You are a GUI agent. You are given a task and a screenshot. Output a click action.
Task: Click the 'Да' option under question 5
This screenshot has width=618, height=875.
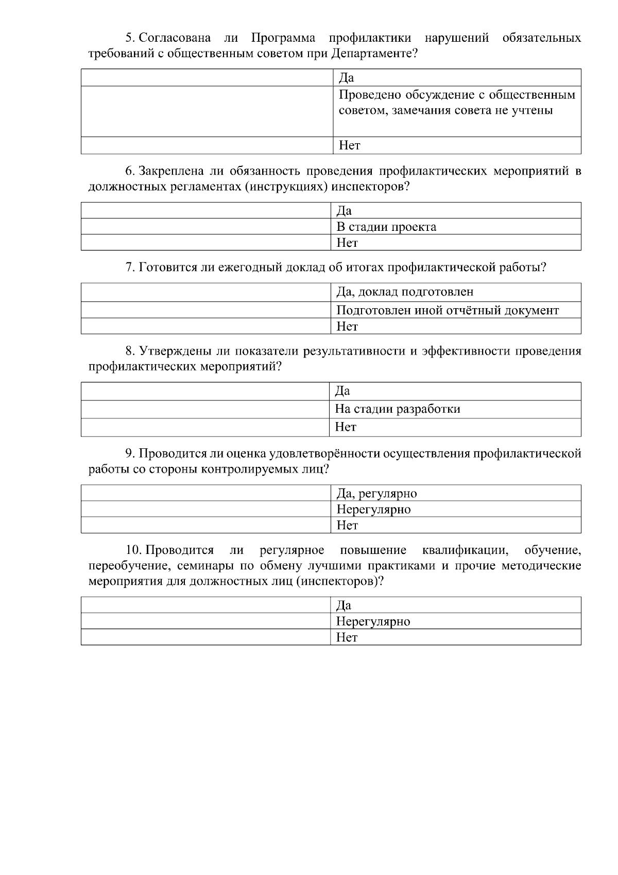click(x=347, y=78)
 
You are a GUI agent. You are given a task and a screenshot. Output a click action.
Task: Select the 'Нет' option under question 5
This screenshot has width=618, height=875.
click(x=350, y=145)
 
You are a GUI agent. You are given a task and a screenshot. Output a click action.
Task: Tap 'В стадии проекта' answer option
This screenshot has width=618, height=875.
click(x=386, y=227)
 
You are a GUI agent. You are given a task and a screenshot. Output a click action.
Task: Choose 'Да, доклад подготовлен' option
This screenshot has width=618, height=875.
click(x=405, y=292)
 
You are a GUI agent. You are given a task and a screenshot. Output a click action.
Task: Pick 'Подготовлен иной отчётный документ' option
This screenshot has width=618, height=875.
click(x=447, y=310)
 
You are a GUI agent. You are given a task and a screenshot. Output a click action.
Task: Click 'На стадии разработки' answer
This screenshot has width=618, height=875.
click(x=398, y=409)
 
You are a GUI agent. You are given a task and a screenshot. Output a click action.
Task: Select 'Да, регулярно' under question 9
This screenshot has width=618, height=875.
click(x=376, y=494)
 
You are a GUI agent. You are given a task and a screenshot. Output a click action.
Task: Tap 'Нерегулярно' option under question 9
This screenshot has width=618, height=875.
click(x=373, y=510)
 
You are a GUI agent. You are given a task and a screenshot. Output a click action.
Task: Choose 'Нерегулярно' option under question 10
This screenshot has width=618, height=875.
click(x=373, y=621)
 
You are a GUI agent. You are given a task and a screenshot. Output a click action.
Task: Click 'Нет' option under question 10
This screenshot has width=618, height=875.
click(x=347, y=637)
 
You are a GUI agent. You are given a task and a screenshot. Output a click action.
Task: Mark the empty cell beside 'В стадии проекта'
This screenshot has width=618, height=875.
click(x=206, y=227)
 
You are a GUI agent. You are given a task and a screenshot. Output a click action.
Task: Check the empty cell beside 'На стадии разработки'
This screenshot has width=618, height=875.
click(x=206, y=409)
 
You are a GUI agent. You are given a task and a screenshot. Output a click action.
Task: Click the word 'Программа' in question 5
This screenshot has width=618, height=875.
click(x=283, y=38)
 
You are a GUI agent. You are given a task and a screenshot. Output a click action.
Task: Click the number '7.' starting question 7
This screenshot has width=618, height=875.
click(x=130, y=267)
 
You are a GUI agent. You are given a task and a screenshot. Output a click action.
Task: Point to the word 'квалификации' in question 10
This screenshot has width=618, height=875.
click(x=465, y=551)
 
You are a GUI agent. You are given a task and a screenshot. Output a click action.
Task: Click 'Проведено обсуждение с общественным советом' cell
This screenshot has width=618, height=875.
click(x=457, y=103)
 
